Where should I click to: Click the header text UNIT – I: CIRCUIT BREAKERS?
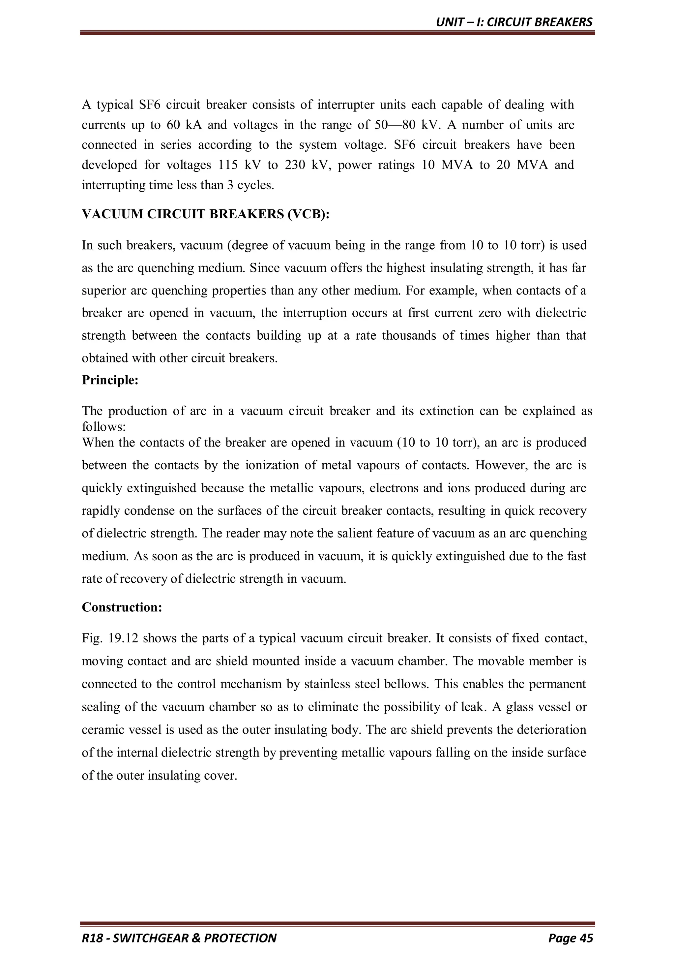pyautogui.click(x=514, y=22)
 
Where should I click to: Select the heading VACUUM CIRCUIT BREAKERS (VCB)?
pyautogui.click(x=205, y=214)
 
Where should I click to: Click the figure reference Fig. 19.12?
pyautogui.click(x=109, y=638)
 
